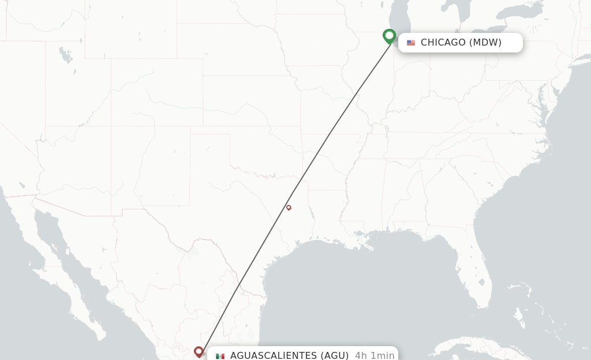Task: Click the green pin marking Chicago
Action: click(x=390, y=36)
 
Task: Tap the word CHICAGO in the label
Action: click(x=443, y=42)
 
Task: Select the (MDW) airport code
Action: click(x=485, y=42)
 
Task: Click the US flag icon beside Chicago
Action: click(x=411, y=43)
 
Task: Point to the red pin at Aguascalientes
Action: click(x=199, y=351)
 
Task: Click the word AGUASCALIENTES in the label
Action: click(x=274, y=355)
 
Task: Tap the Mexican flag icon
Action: click(x=220, y=356)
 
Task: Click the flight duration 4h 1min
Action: click(x=375, y=355)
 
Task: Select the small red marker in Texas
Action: click(x=289, y=208)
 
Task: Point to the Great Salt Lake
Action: click(x=66, y=56)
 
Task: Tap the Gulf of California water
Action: click(x=69, y=254)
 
